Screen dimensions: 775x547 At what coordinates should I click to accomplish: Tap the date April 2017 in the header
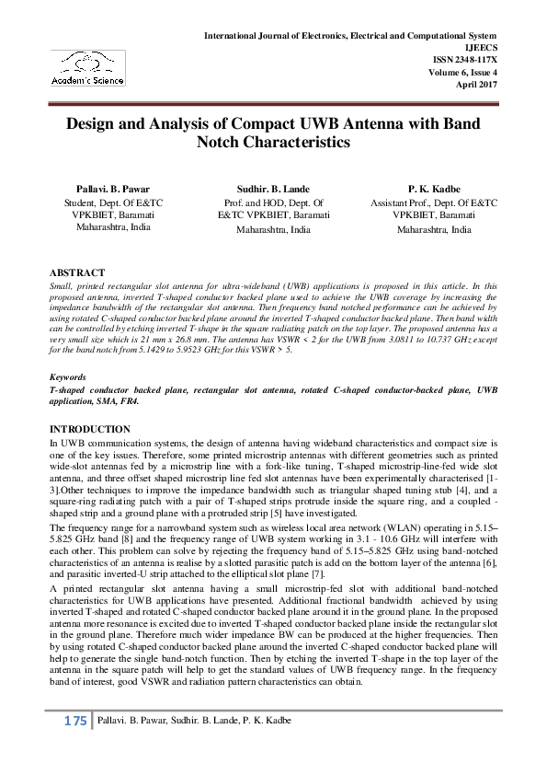[x=477, y=81]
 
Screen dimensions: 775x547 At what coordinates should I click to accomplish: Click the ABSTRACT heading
[x=76, y=272]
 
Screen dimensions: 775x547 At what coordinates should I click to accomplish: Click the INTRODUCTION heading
[x=89, y=429]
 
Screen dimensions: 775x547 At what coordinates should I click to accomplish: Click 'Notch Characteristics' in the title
[x=273, y=144]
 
